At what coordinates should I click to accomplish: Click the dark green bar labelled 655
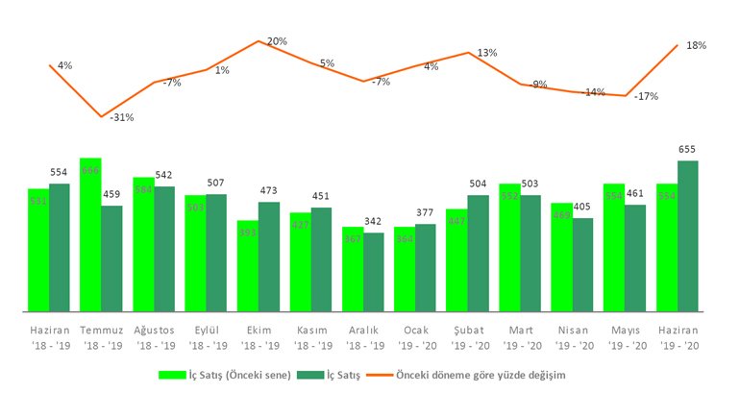point(687,236)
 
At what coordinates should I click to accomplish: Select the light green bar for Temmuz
point(90,235)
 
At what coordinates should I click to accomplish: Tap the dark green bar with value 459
point(111,258)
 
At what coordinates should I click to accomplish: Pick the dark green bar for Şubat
point(478,254)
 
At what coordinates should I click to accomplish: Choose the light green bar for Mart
point(509,248)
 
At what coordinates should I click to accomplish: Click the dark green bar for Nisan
point(582,265)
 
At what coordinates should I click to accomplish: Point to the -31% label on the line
point(121,118)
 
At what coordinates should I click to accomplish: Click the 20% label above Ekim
point(277,41)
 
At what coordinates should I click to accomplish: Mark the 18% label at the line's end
point(696,45)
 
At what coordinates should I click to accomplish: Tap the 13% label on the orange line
point(486,53)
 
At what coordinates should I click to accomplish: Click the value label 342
point(373,222)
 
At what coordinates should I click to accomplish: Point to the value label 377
point(425,213)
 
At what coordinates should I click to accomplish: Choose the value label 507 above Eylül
point(215,184)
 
